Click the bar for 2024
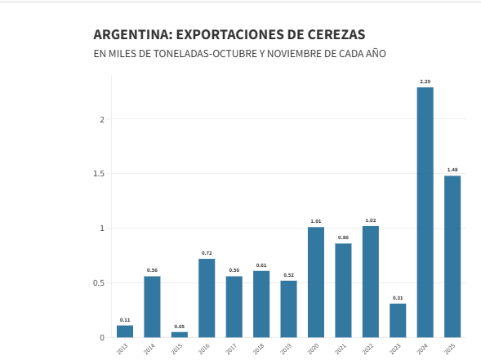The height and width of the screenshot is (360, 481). coord(425,212)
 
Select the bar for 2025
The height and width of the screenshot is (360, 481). coord(452,256)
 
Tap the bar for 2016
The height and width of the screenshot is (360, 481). coord(207,298)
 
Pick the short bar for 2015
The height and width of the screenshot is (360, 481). coord(179,334)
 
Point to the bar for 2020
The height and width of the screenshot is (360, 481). coord(315,282)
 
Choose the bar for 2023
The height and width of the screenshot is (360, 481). coord(398,320)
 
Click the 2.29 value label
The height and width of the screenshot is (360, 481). coord(425,82)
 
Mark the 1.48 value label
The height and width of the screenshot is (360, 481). coord(452,170)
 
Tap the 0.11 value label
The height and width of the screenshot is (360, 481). coord(124,319)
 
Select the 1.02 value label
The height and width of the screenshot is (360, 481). coord(370,220)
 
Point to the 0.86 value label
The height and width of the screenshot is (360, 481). coord(343,238)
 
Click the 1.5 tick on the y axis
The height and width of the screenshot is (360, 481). coord(99,174)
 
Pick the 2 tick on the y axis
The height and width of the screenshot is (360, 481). coord(102,119)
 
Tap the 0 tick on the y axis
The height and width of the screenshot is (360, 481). coord(102,337)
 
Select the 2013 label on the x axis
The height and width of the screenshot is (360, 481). coord(122,349)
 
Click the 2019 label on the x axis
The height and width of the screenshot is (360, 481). coord(286,349)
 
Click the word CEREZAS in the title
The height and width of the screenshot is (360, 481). coord(335,35)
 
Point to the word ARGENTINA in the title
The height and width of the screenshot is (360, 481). coord(132,35)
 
